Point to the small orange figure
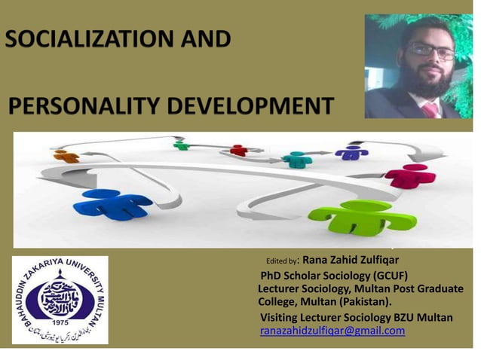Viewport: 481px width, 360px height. pos(66,156)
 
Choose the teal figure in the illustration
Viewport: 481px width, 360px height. pos(296,159)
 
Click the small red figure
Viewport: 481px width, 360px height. pos(238,150)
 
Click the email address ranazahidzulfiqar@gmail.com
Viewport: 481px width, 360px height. pos(332,331)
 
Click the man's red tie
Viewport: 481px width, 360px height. pos(429,110)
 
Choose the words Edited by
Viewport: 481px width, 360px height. pos(283,261)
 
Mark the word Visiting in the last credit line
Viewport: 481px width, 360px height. pos(283,317)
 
